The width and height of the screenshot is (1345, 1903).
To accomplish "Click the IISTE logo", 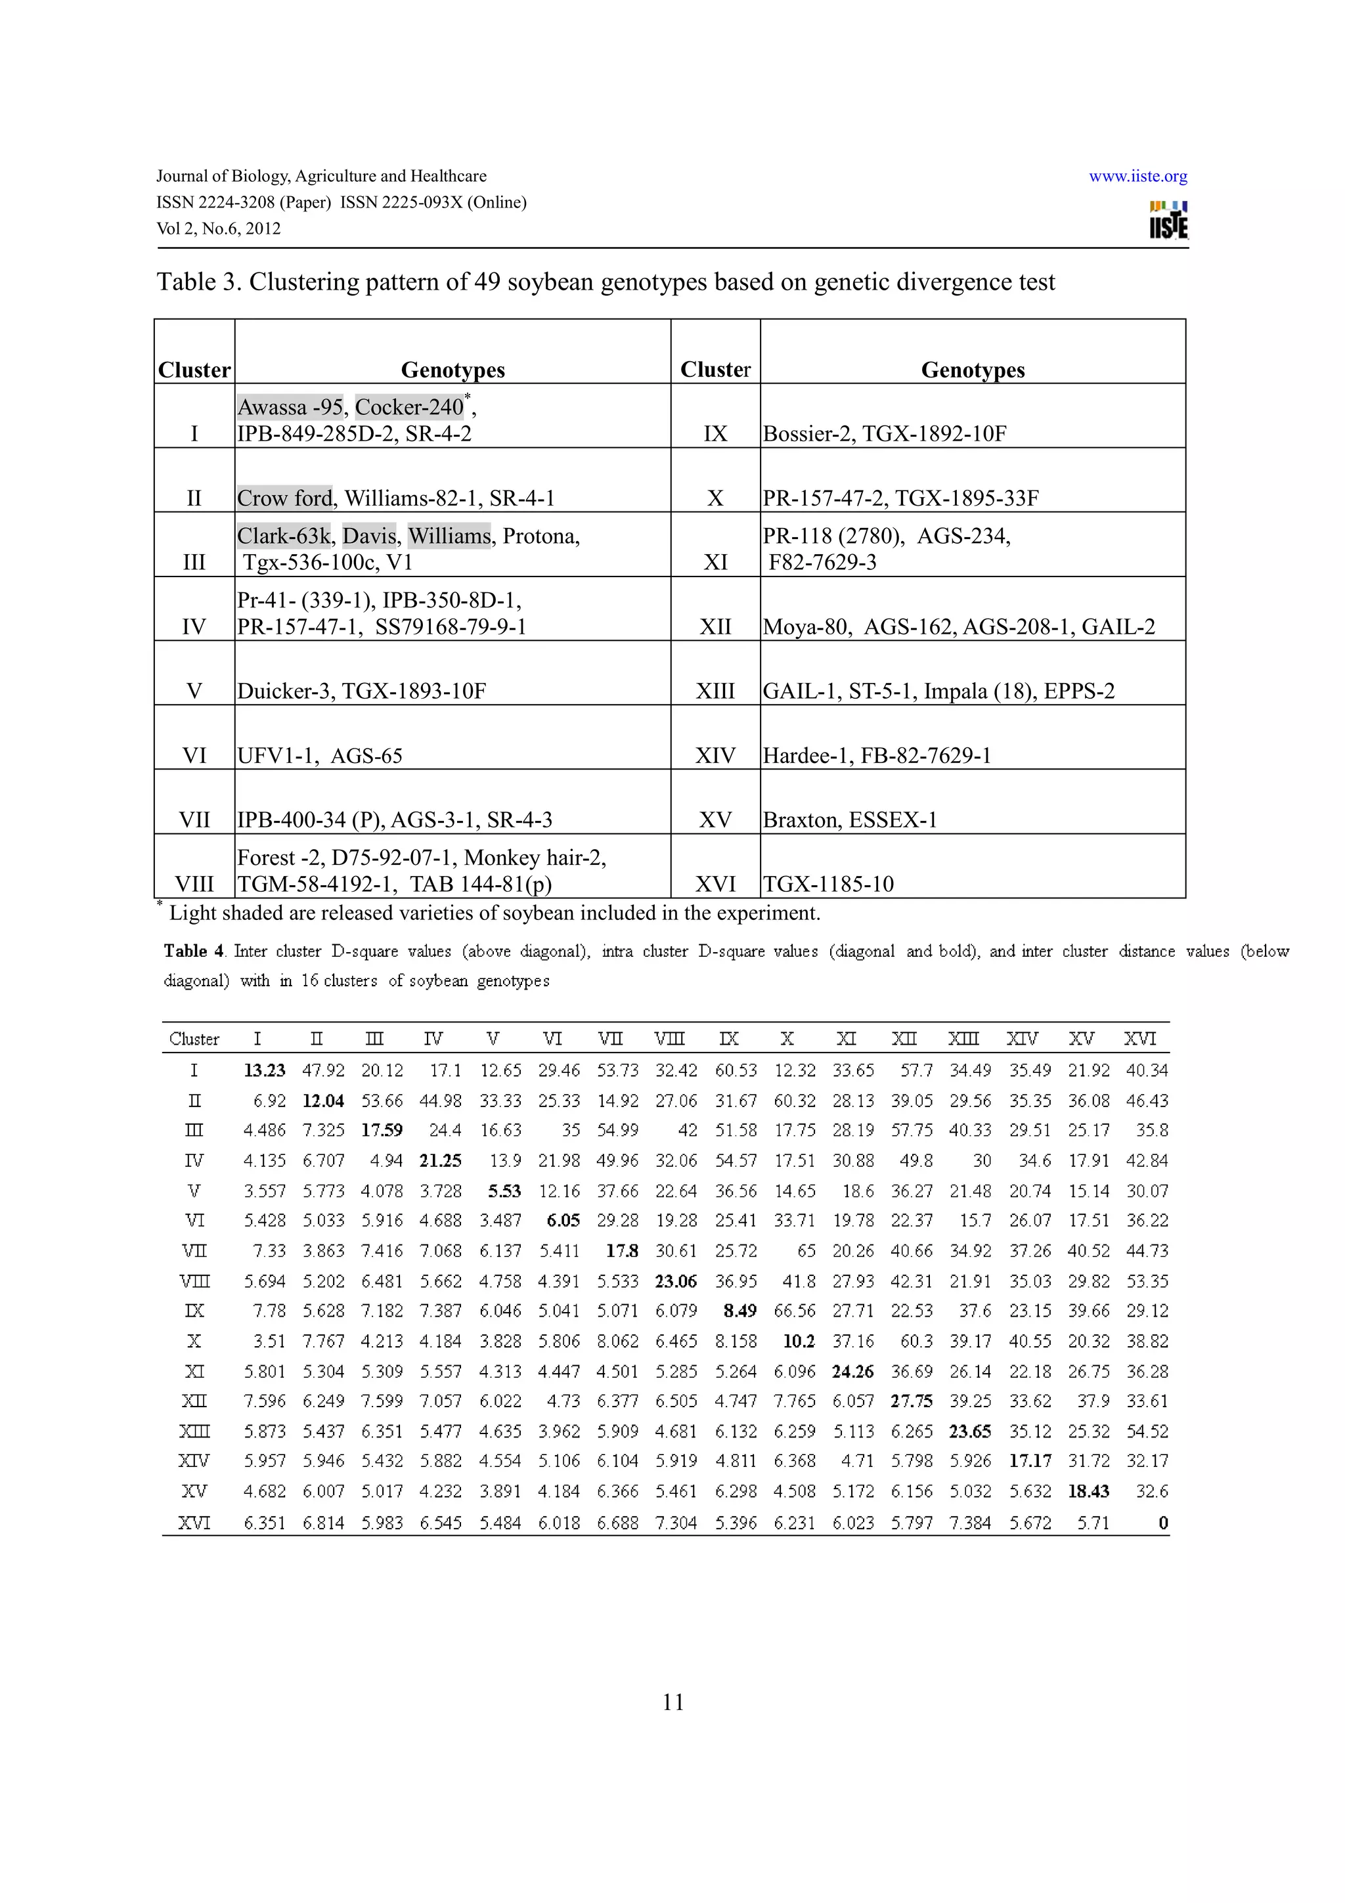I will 1168,221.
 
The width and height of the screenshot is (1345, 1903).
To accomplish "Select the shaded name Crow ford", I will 284,498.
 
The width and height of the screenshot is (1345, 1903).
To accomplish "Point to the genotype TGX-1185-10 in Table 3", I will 828,885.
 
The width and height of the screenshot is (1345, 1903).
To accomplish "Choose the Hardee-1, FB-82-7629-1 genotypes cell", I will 877,756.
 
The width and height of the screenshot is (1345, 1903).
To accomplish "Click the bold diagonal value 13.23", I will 265,1071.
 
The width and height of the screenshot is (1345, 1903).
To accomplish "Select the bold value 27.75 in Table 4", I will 911,1401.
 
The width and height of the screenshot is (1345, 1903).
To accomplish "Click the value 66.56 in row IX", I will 794,1311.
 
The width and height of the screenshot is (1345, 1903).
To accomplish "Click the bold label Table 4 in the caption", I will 194,951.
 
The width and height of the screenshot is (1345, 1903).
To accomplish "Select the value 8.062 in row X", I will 617,1341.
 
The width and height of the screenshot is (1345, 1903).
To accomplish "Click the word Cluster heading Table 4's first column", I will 194,1039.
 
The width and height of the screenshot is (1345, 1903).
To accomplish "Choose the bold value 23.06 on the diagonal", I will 675,1281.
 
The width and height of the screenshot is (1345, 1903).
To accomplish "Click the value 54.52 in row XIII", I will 1147,1432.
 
